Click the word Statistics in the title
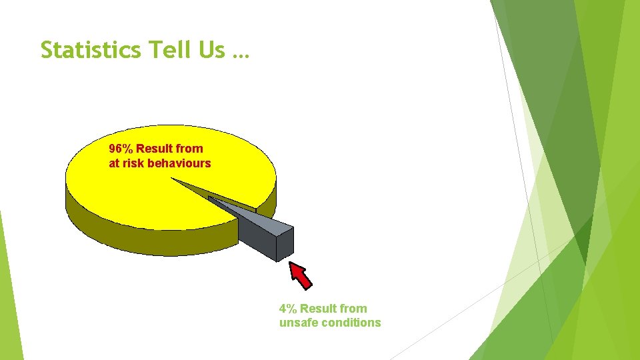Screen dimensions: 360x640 click(x=90, y=49)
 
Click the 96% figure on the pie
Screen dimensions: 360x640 click(x=121, y=149)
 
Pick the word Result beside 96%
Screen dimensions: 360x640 click(x=156, y=149)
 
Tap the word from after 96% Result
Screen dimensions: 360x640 click(x=191, y=149)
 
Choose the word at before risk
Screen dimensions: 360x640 click(x=114, y=163)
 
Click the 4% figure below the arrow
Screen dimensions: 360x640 click(x=288, y=309)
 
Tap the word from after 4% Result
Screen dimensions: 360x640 click(x=353, y=309)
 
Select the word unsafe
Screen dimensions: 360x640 click(x=297, y=323)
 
